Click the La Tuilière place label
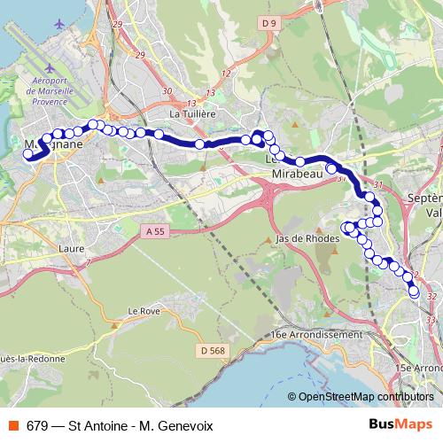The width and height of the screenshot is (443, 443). pyautogui.click(x=192, y=113)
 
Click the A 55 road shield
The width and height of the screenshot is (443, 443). pyautogui.click(x=153, y=231)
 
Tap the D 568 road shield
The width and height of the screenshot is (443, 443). pyautogui.click(x=213, y=351)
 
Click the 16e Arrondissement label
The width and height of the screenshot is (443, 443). pyautogui.click(x=316, y=335)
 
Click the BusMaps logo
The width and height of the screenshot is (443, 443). pyautogui.click(x=400, y=425)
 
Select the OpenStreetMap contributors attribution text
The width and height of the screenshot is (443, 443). pyautogui.click(x=365, y=396)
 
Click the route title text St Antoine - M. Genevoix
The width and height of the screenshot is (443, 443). pyautogui.click(x=146, y=425)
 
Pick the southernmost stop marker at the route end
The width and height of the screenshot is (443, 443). pyautogui.click(x=414, y=291)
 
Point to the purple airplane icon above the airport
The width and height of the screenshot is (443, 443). pyautogui.click(x=58, y=23)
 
